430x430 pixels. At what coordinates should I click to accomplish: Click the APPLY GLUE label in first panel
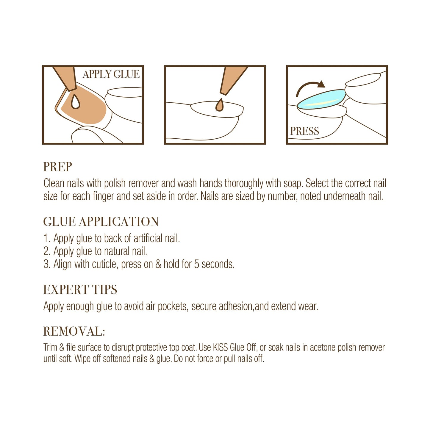111,74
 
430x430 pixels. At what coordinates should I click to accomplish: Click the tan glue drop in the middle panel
219,105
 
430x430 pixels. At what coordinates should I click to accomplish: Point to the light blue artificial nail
321,99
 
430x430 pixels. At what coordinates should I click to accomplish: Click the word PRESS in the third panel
304,131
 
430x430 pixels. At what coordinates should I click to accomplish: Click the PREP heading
57,167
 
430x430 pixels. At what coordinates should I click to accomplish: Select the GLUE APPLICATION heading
101,222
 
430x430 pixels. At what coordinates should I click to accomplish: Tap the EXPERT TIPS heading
80,290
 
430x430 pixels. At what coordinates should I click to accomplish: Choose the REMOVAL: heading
74,332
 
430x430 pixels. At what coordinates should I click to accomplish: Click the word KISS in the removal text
220,348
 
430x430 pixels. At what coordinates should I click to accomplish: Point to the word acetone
323,348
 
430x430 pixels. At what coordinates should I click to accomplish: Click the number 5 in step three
196,264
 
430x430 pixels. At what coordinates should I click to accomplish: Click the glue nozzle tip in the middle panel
223,93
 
